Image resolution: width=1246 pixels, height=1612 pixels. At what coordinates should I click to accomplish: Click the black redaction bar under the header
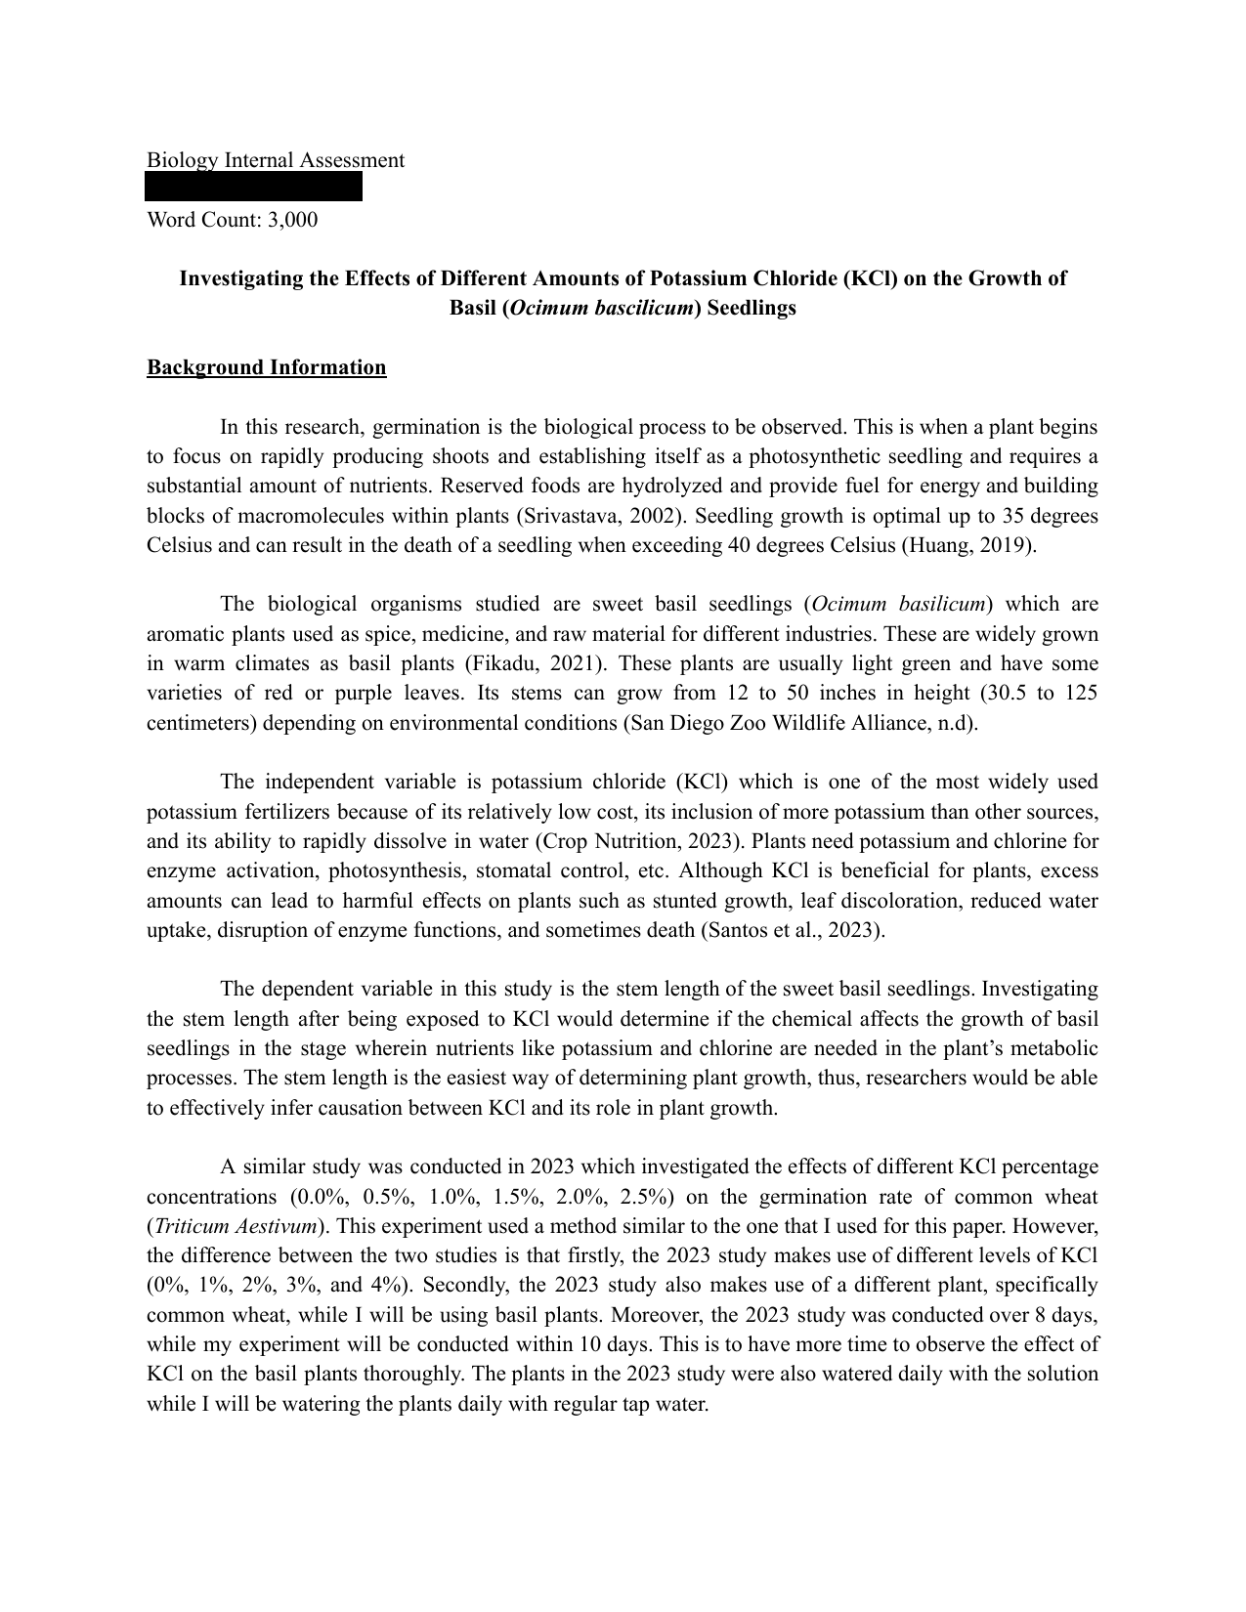[x=254, y=187]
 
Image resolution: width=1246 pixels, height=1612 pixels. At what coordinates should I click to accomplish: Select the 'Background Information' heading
[x=266, y=367]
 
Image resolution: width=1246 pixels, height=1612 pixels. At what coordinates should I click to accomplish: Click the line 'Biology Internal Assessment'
[x=275, y=160]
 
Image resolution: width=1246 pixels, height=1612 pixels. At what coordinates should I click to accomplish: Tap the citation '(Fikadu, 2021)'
[x=532, y=664]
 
